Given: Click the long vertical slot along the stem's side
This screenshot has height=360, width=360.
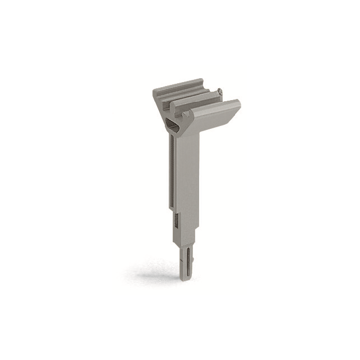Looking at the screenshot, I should point(172,174).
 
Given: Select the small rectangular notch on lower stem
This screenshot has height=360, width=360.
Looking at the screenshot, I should point(175,221).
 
